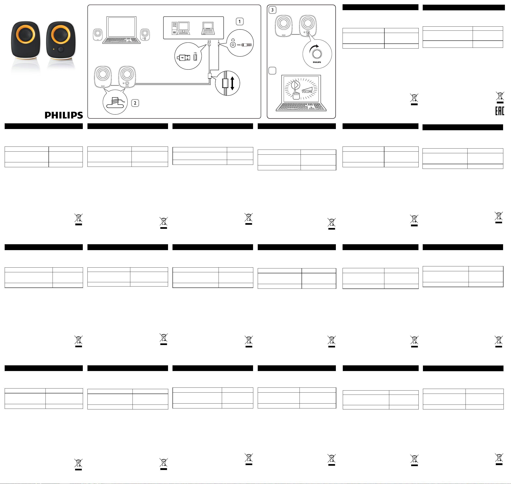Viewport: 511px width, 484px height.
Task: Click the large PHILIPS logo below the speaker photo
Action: point(64,115)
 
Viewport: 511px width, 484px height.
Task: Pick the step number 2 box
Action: point(135,103)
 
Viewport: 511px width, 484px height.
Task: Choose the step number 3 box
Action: point(272,10)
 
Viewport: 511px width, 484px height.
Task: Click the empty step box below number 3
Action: point(272,71)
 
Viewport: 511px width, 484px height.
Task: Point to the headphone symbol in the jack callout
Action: point(233,40)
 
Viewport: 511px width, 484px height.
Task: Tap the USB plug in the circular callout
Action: point(183,57)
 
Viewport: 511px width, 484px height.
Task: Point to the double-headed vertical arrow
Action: point(232,83)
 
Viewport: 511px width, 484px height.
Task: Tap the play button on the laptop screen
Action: point(295,85)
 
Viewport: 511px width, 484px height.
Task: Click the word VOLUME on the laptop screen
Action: point(307,92)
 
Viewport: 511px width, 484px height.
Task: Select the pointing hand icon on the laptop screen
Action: point(296,95)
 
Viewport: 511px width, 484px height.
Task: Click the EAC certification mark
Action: point(499,111)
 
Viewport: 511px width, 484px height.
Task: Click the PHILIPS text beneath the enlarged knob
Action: point(317,62)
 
